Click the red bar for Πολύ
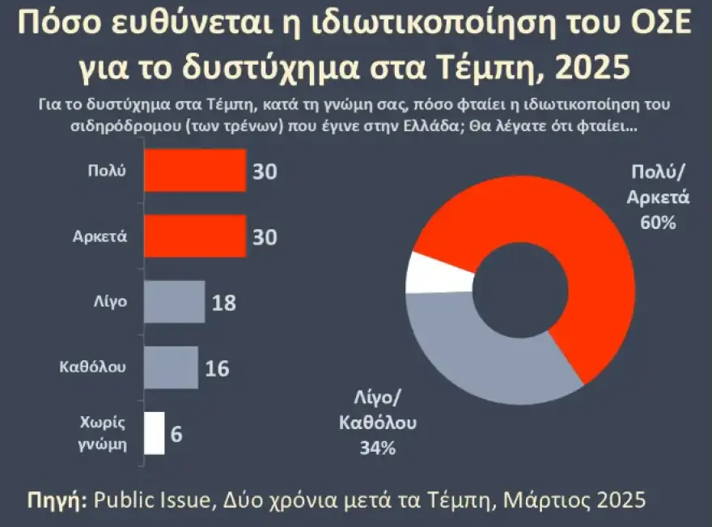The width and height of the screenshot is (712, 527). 194,171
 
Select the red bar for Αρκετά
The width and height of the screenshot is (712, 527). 194,236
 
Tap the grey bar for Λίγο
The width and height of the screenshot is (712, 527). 174,302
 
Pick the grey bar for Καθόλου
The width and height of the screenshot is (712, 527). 171,368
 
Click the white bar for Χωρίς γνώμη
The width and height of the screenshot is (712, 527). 154,433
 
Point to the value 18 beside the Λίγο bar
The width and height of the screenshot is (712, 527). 223,303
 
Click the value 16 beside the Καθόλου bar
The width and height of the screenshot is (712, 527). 217,368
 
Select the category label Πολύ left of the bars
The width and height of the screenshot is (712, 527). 107,171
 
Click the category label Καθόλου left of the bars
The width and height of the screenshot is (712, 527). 94,368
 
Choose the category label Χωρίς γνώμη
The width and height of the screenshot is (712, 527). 104,433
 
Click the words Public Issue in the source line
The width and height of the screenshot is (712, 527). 151,499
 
